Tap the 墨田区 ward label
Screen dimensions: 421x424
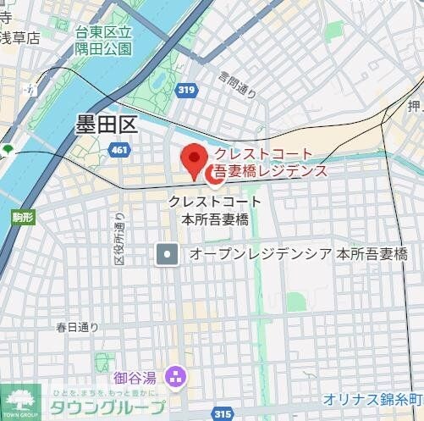pos(106,126)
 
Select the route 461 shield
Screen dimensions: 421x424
pos(119,150)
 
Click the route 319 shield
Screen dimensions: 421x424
pos(187,89)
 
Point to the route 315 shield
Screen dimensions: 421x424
pos(223,413)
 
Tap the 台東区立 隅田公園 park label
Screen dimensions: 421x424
pos(103,41)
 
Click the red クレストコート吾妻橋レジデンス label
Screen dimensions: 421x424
pos(269,162)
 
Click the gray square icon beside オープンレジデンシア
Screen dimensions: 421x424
pos(168,253)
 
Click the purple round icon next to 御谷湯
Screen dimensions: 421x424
pos(175,374)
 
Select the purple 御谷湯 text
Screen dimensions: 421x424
pos(137,375)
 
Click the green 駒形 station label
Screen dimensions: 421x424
pos(23,218)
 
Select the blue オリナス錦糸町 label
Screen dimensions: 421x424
pos(372,399)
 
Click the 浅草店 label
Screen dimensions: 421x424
pos(19,37)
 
